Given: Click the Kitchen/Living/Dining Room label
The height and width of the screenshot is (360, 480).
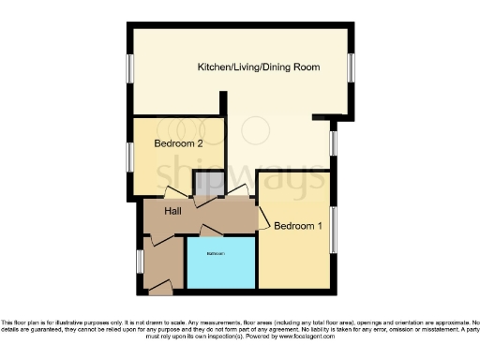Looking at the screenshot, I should (259, 67).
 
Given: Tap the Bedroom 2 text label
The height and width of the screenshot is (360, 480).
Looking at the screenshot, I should (179, 143).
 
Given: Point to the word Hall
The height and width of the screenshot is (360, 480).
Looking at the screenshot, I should (172, 213).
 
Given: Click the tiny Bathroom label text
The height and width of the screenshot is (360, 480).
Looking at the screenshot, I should (220, 254).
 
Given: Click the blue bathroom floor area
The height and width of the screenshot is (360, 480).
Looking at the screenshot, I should (221, 267).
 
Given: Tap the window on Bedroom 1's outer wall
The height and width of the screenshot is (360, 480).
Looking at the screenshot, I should (332, 228).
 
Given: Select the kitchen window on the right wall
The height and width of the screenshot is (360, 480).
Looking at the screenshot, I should (352, 68).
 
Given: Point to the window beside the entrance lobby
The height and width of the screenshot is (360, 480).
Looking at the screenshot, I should (139, 261).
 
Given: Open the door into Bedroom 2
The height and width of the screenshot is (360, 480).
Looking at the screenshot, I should (175, 192).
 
